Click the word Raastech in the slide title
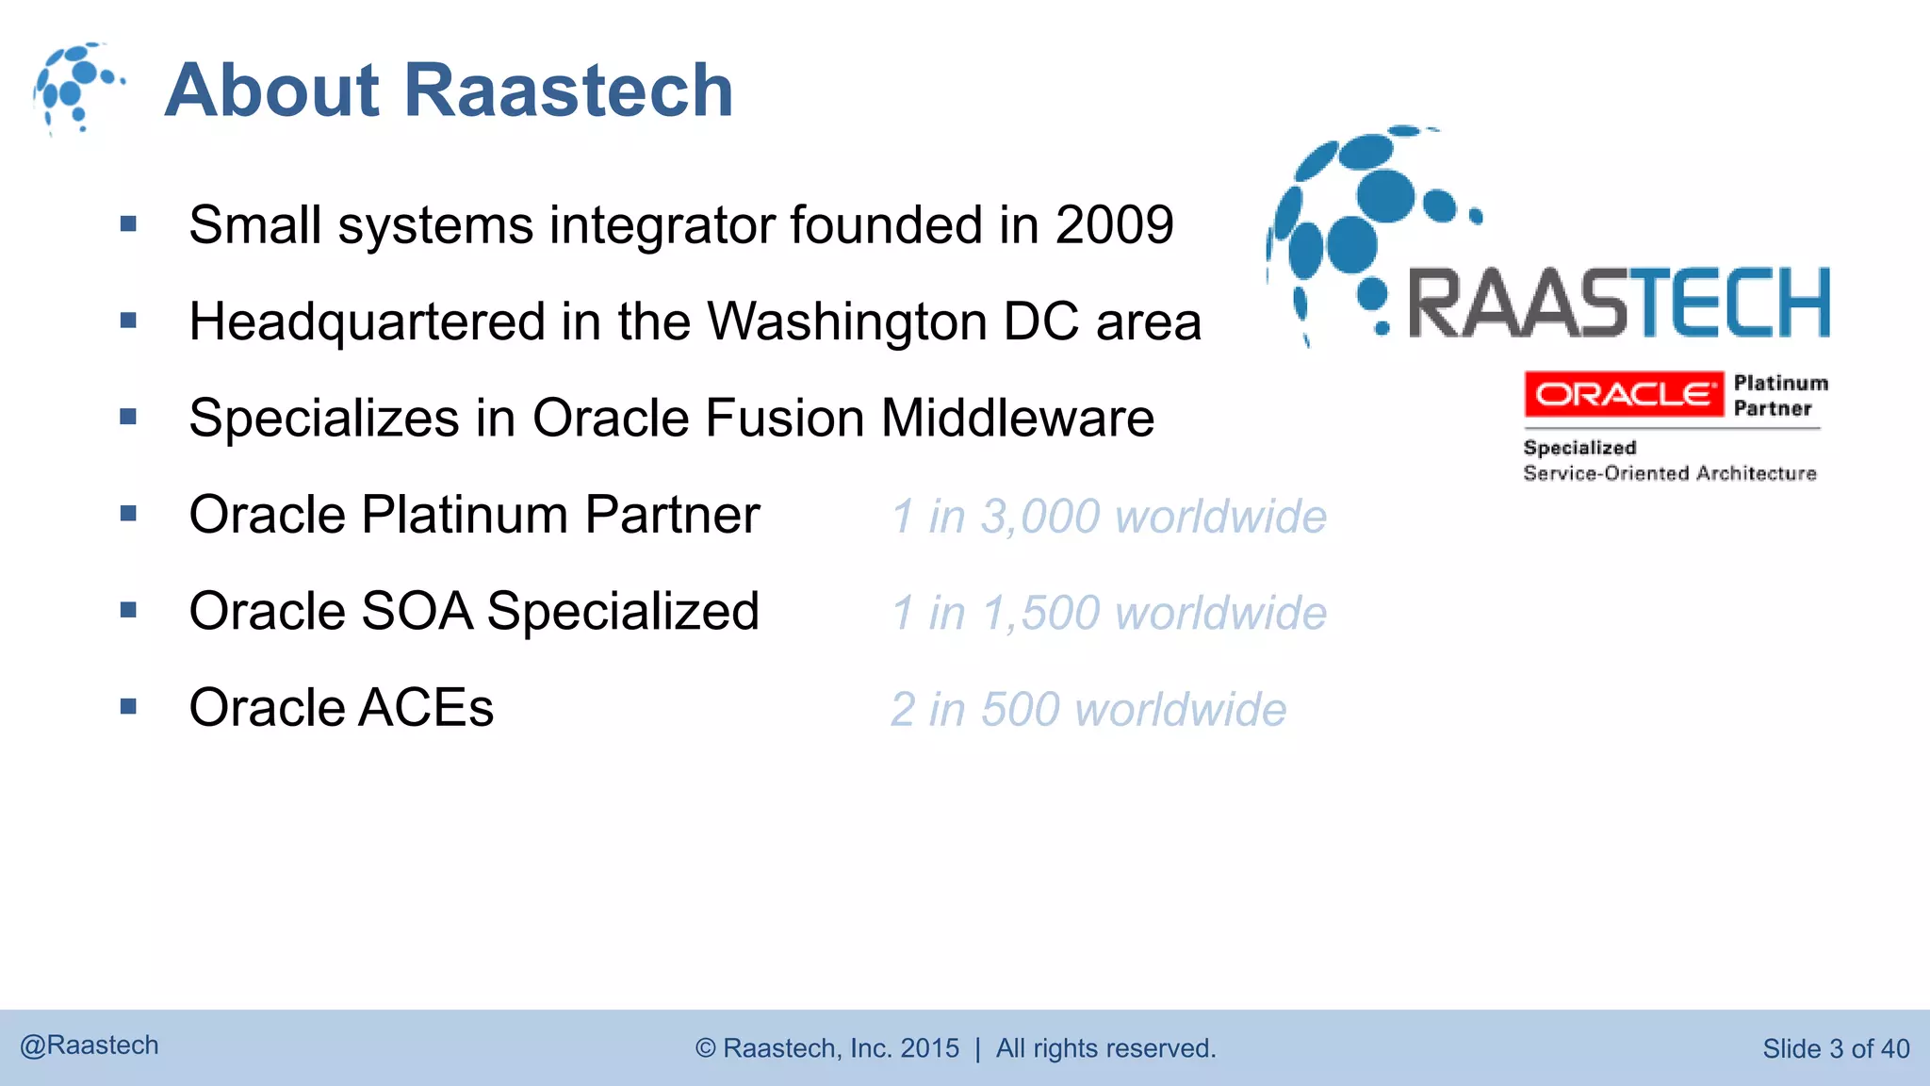(568, 90)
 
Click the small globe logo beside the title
(77, 88)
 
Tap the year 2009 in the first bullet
(1114, 225)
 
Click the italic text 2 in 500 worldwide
(1088, 710)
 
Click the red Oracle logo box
(1623, 394)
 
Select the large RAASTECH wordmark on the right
(1618, 303)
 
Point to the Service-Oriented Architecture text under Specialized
(1669, 473)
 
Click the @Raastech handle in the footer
(90, 1045)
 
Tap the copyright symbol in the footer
(706, 1048)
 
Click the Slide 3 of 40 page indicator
(1835, 1048)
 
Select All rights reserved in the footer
(1105, 1048)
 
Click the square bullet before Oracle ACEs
(129, 706)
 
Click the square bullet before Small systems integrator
(129, 224)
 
